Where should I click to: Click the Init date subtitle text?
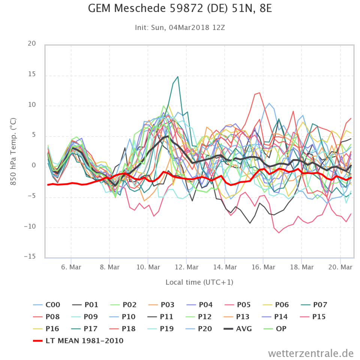click(x=180, y=27)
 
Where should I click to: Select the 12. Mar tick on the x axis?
click(x=186, y=267)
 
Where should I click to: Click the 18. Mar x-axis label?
click(x=302, y=267)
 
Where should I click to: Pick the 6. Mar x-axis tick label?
click(x=71, y=267)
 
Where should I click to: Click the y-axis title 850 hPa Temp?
click(x=13, y=150)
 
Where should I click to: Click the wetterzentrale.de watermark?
click(x=311, y=353)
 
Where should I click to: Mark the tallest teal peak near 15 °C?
click(x=177, y=77)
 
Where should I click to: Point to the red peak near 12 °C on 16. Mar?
click(x=259, y=93)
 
